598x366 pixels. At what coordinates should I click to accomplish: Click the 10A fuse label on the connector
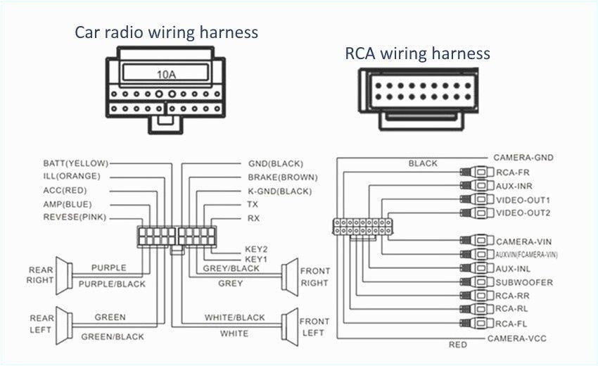coord(166,72)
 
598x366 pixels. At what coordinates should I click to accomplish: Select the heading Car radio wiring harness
coord(167,32)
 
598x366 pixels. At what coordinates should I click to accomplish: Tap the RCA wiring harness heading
coord(417,53)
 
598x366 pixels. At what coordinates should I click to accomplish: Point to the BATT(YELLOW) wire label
coord(75,163)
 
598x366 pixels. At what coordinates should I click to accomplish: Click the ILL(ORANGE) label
coord(72,177)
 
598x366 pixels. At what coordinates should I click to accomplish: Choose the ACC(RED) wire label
coord(67,190)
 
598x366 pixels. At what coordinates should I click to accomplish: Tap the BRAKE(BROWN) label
coord(282,177)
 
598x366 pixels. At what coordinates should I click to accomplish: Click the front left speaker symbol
coord(289,326)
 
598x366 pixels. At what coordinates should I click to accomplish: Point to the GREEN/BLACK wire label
coord(113,337)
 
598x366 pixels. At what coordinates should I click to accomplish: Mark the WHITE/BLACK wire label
coord(235,317)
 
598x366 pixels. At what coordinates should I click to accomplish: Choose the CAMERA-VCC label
coord(517,339)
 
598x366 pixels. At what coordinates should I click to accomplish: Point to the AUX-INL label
coord(513,269)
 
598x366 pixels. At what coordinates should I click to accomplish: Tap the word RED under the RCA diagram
coord(457,345)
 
